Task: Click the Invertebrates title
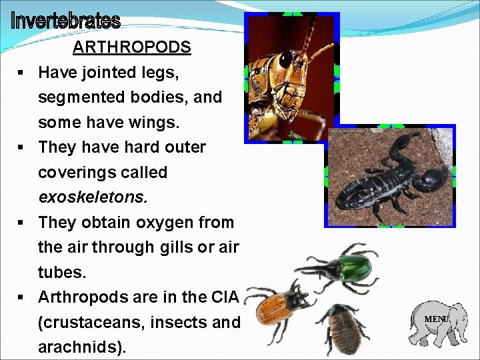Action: point(65,21)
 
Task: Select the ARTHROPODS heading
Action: point(131,48)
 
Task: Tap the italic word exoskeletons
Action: point(93,197)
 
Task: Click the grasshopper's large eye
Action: point(286,59)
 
